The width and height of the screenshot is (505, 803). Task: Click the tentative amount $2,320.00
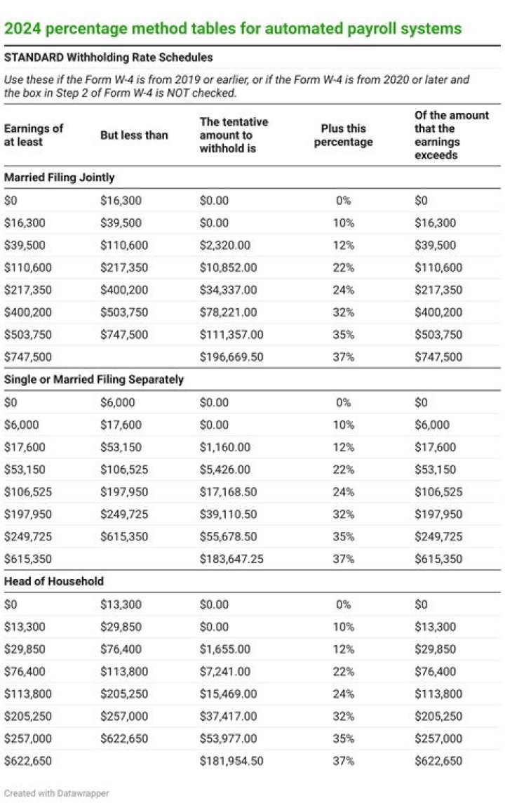(224, 245)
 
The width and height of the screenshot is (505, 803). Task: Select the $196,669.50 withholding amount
(231, 357)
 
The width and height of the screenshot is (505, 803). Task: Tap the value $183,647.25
(231, 559)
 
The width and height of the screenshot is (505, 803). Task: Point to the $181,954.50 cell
(231, 761)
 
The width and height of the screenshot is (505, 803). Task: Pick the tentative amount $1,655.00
(224, 649)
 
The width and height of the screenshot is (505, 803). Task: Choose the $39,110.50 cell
(229, 514)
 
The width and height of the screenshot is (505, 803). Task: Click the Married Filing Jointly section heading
(59, 178)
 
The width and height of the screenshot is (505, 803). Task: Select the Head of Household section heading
(54, 581)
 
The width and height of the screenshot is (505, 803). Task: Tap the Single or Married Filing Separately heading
(94, 379)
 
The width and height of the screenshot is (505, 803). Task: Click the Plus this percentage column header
(343, 135)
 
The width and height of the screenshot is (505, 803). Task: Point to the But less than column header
(134, 135)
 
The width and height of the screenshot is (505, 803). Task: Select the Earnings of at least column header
(34, 135)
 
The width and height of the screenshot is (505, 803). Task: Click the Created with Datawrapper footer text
(57, 793)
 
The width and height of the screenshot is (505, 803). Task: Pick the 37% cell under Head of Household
(343, 761)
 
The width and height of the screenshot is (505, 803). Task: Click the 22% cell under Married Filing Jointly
(343, 267)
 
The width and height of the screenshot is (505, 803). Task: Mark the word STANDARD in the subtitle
(32, 57)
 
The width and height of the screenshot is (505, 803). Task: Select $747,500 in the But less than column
(124, 335)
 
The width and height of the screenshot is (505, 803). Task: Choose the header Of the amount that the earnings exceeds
(452, 135)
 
